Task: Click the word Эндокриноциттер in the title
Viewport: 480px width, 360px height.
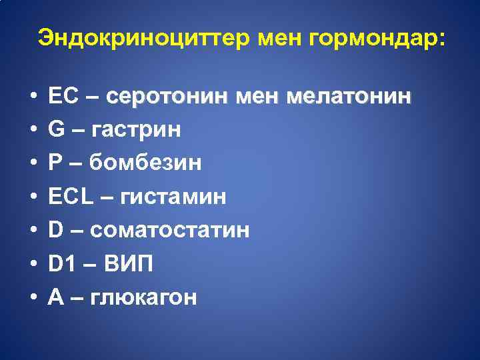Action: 143,37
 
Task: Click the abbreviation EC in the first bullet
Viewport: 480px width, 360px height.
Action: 64,95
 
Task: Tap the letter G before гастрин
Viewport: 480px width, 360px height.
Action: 57,129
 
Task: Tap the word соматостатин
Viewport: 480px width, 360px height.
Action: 170,231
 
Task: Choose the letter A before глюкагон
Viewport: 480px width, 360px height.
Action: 56,298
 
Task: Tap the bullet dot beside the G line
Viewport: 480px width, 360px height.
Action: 33,130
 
